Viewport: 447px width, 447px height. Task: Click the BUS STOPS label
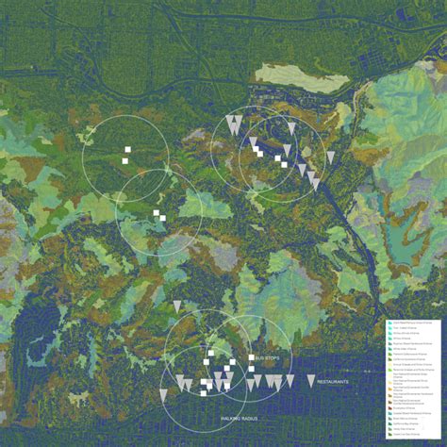tap(268, 358)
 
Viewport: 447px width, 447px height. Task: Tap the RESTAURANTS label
tap(333, 381)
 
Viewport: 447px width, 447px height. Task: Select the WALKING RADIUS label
tap(240, 416)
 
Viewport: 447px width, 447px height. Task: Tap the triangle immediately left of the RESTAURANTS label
tap(310, 380)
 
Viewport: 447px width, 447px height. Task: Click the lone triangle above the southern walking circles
tap(177, 306)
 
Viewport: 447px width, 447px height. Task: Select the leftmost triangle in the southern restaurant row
tap(162, 393)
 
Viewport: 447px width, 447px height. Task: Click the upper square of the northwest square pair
tap(127, 149)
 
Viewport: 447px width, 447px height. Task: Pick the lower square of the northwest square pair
tap(124, 160)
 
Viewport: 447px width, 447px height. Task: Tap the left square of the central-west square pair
tap(156, 213)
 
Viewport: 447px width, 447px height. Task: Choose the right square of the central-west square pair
tap(162, 218)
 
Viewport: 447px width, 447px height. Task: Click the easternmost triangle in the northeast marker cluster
tap(330, 157)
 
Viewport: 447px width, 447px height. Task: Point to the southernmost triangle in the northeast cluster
tap(315, 180)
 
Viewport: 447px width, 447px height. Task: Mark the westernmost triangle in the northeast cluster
tap(229, 122)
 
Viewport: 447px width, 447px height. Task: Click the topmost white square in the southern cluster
tap(210, 353)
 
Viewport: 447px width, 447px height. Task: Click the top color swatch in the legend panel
tap(389, 323)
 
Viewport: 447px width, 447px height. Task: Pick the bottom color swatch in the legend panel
tap(389, 434)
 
